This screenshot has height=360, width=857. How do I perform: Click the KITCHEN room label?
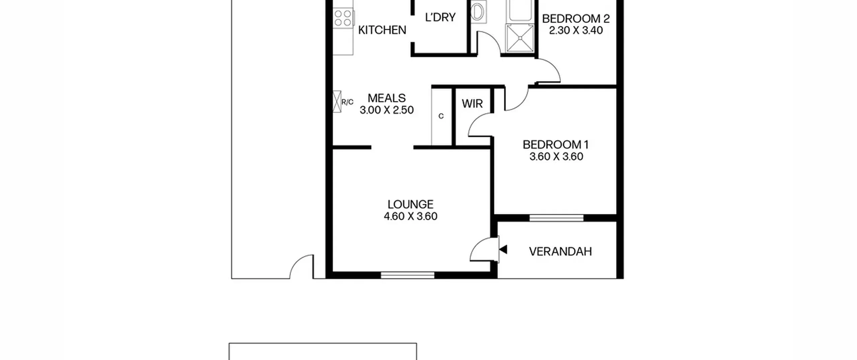pos(382,30)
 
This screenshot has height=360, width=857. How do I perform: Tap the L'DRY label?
pos(440,17)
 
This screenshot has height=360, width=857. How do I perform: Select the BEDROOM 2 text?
pos(576,19)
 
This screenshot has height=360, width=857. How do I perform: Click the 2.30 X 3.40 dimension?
pos(576,30)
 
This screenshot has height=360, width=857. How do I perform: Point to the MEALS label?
pos(387,98)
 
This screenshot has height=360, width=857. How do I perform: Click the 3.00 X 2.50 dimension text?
pos(387,110)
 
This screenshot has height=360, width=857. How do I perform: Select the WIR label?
pos(472,104)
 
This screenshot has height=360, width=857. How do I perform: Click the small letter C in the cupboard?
pos(441,116)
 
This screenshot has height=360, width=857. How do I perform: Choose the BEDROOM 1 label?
pos(556,145)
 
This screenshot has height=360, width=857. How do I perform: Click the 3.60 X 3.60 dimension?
pos(556,156)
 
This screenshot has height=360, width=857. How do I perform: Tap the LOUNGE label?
pos(410,204)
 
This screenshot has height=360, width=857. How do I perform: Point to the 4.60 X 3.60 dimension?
pos(410,216)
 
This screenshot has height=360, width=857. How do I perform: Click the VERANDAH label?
pos(560,251)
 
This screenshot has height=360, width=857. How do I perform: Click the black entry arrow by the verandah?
pos(503,249)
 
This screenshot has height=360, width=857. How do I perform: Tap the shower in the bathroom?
pos(520,38)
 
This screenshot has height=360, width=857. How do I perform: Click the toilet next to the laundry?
pos(478,12)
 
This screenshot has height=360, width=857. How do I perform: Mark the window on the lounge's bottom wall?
pos(408,275)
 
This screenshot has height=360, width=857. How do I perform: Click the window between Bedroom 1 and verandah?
pos(556,218)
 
